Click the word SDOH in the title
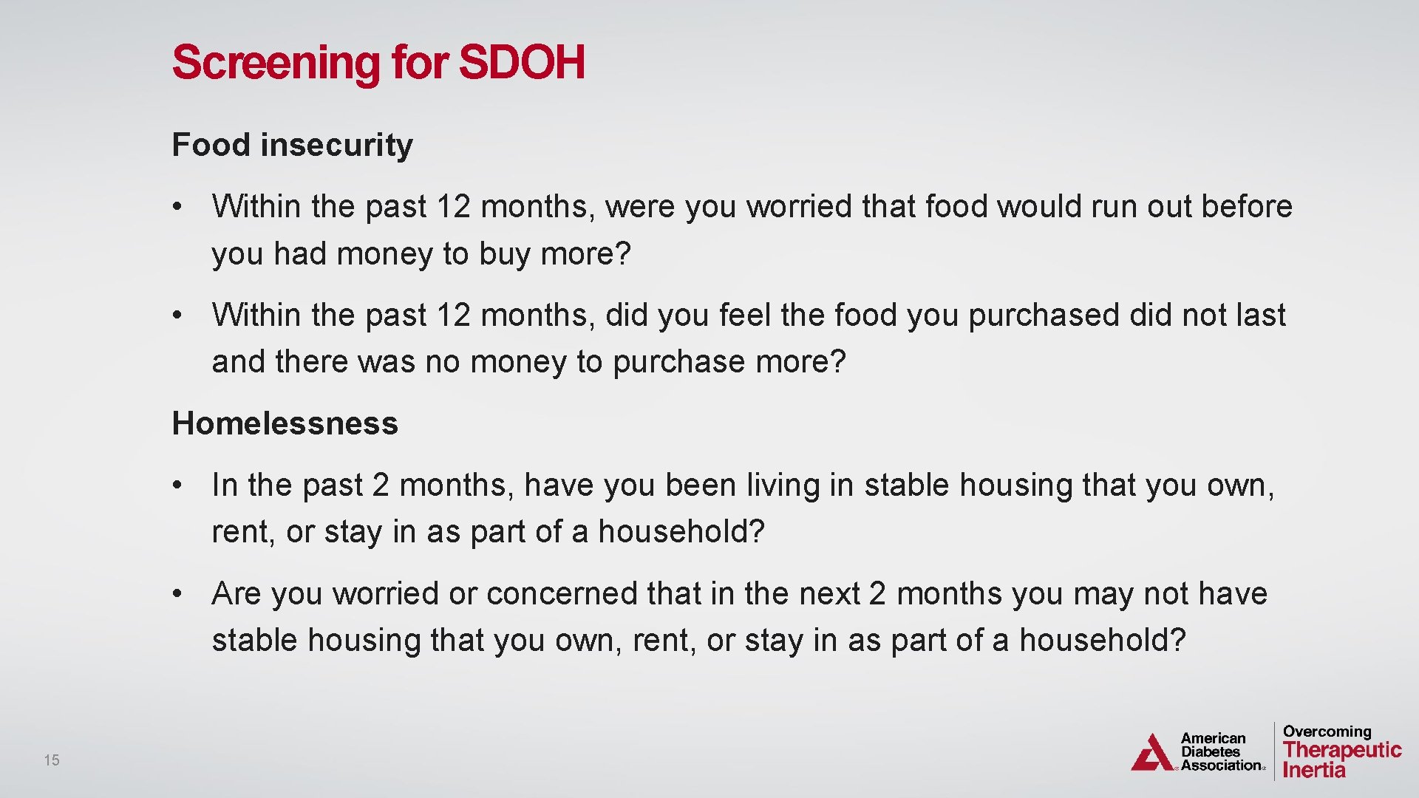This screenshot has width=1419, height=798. point(522,62)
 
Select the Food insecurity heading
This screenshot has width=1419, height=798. point(292,145)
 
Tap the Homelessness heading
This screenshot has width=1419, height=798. point(285,423)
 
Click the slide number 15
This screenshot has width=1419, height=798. point(52,760)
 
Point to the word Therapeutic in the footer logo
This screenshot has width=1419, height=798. point(1342,750)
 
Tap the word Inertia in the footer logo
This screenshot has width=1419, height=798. point(1314,770)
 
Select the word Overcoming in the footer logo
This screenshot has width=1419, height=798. point(1327,731)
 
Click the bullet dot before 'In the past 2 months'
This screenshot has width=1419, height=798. point(177,485)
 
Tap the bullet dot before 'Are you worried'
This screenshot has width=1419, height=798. point(177,594)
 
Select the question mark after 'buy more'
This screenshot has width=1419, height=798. point(623,254)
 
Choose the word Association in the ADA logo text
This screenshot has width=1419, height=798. point(1221,765)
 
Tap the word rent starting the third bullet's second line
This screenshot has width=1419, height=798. point(239,532)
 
